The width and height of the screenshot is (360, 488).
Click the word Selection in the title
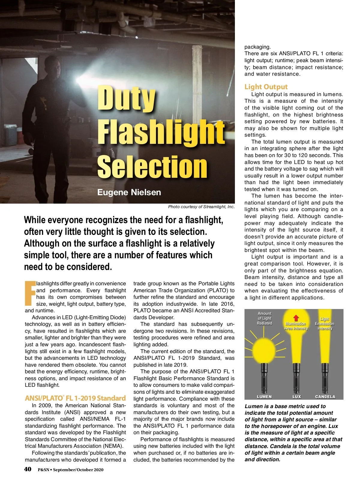coord(152,167)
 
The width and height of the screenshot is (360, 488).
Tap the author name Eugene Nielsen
coord(129,192)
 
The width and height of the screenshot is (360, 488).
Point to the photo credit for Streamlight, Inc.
coord(201,207)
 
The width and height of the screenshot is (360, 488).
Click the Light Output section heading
coord(266,87)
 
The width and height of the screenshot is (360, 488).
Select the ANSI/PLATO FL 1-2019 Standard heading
coord(75,398)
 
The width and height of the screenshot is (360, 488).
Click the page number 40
coord(28,469)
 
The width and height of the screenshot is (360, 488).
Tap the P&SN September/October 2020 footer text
coord(70,470)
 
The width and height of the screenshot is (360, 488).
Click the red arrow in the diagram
coord(296,318)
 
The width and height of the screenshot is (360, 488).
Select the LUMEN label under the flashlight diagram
coord(264,397)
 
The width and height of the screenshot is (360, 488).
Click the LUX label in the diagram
coord(296,397)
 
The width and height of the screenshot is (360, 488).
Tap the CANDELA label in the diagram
coord(325,397)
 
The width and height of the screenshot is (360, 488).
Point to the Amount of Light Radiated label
coord(264,318)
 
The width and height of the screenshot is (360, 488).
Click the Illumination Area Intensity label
coord(296,326)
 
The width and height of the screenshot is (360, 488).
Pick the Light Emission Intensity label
coord(325,323)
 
